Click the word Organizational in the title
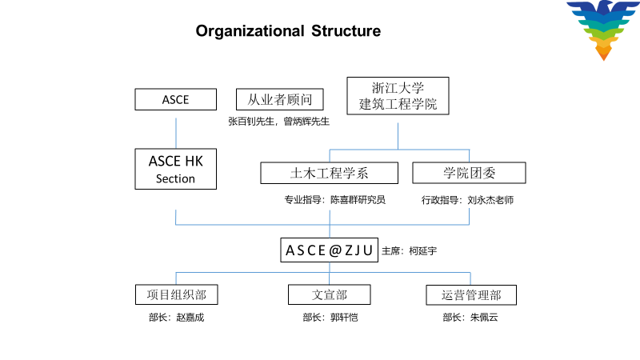[250, 31]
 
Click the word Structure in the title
[346, 31]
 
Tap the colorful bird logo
[603, 30]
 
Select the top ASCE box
[175, 99]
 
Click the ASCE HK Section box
[175, 169]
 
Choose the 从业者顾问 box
[279, 99]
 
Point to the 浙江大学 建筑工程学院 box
[398, 96]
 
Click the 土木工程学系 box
[330, 173]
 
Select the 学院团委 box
[469, 173]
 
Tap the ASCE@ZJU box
[330, 250]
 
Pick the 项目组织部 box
[176, 294]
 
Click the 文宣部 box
[330, 294]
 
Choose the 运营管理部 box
[471, 295]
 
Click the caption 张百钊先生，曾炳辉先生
[278, 122]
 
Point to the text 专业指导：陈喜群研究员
[335, 199]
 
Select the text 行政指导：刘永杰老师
[467, 200]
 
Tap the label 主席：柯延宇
[409, 250]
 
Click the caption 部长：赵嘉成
[176, 317]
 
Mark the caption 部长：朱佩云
[470, 317]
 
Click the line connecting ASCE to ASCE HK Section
[176, 134]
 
